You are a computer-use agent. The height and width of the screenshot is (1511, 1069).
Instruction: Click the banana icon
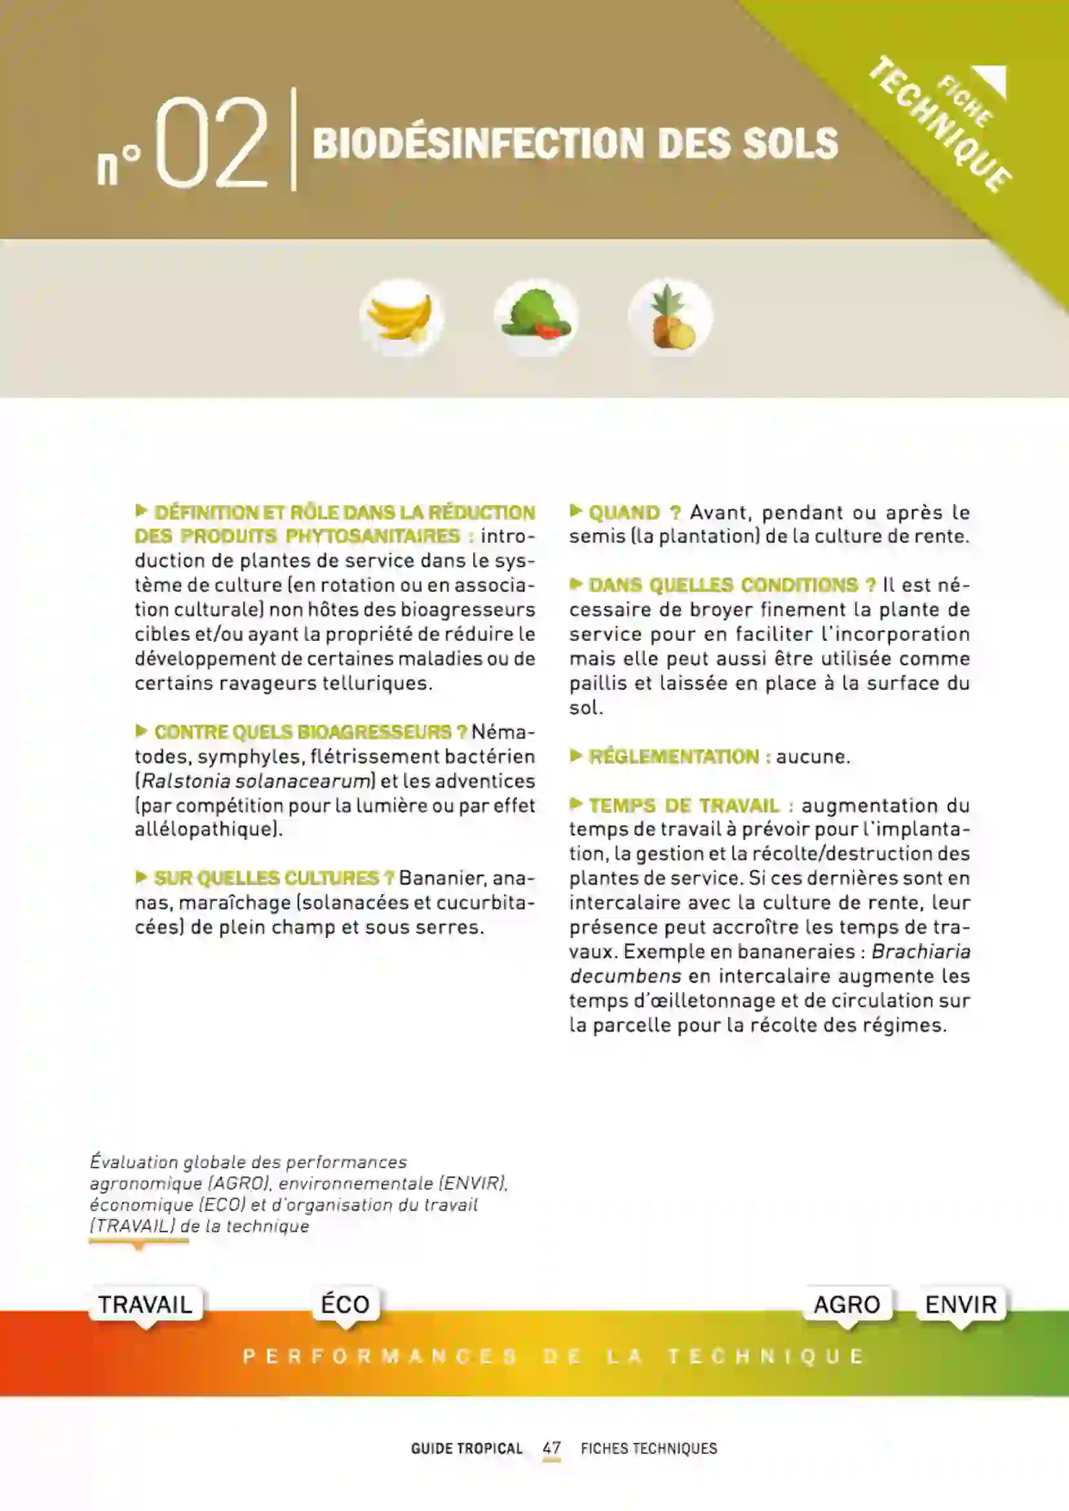pos(400,317)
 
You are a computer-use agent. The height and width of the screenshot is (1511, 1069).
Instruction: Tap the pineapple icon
pos(670,317)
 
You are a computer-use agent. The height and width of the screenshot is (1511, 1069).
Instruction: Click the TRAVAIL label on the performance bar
pos(145,1304)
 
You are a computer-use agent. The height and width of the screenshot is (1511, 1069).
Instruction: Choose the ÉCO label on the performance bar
pos(346,1304)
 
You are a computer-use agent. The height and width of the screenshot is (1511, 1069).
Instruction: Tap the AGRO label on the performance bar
pos(847,1304)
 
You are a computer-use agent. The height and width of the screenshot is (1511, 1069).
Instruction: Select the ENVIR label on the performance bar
pos(960,1304)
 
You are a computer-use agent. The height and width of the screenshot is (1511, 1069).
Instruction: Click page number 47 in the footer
pos(551,1448)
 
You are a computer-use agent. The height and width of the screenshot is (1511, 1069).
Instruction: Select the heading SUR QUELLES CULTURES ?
pos(273,878)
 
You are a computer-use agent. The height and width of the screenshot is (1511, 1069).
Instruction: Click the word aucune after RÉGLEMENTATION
pos(812,757)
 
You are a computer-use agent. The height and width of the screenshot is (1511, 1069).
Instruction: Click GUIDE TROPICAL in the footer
pos(466,1448)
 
